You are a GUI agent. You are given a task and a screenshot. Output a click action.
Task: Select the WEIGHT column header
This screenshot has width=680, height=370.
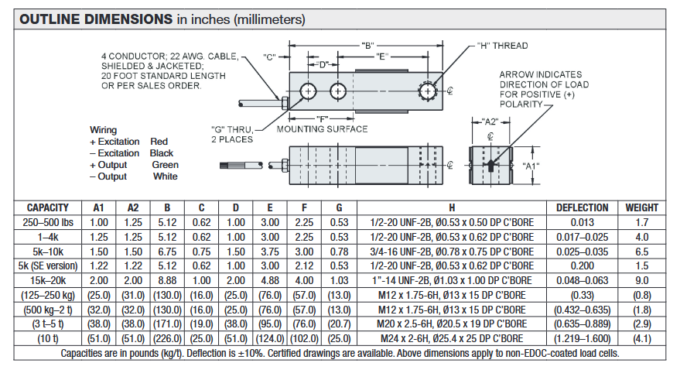tap(642, 207)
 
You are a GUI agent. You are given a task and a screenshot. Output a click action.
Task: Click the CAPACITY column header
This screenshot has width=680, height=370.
tap(48, 207)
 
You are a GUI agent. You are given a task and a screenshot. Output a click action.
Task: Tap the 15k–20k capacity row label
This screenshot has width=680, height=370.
tap(48, 280)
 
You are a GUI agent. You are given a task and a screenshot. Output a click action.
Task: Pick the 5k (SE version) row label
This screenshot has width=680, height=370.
tap(48, 266)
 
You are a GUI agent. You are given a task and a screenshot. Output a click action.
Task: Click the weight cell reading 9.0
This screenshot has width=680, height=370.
tap(642, 280)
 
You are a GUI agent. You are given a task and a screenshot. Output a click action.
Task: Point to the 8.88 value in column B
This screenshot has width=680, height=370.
tap(168, 280)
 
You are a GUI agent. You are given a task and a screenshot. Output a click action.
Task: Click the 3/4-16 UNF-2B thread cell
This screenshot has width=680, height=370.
tap(451, 252)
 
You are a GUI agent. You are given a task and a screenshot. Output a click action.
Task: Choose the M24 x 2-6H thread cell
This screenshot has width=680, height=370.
tap(451, 338)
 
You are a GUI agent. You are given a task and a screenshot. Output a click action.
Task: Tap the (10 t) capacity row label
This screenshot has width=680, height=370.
tap(48, 338)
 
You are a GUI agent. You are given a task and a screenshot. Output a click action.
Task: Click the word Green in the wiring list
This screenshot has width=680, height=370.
tap(165, 165)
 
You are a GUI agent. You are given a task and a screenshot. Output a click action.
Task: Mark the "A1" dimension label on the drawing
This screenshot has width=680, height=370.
tap(530, 166)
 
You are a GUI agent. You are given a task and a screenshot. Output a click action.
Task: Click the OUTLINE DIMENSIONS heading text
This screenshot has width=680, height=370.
tap(97, 19)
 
